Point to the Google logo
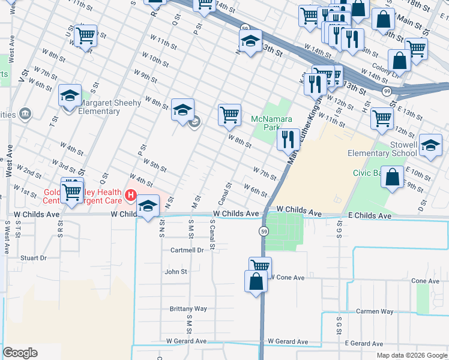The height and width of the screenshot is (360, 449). tap(20, 353)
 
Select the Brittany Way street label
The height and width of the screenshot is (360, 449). tap(188, 309)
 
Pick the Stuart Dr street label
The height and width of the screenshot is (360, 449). tap(33, 258)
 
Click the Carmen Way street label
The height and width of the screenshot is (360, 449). tap(375, 311)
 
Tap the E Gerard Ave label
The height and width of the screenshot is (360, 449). tap(364, 344)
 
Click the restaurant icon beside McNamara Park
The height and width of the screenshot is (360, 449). tap(288, 139)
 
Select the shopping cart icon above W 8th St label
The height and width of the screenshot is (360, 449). tap(229, 114)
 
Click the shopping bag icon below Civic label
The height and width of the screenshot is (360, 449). tap(392, 178)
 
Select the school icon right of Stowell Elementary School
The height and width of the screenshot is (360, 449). tap(430, 146)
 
